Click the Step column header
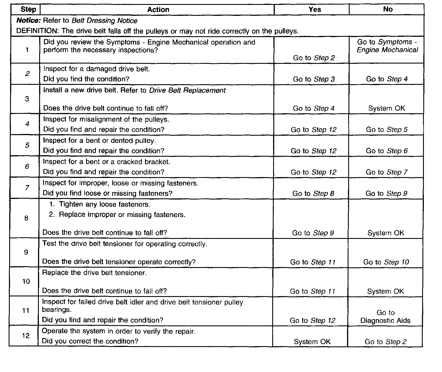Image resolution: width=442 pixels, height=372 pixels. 28,9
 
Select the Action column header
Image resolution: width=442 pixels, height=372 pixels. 158,9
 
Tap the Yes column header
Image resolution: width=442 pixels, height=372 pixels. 315,9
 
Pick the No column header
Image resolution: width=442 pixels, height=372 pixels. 388,9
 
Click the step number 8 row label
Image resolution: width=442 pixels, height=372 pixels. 26,218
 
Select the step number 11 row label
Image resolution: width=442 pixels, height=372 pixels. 26,310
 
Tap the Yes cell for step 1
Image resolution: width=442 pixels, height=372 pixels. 314,58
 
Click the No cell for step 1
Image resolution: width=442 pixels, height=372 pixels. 387,46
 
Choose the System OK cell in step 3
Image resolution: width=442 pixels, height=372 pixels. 386,108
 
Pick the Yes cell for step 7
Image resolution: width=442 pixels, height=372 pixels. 313,193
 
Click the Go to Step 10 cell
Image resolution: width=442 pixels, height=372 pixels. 386,262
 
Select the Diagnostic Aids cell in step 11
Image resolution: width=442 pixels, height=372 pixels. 385,317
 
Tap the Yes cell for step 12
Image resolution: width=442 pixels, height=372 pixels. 312,342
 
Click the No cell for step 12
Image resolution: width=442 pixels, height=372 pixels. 386,342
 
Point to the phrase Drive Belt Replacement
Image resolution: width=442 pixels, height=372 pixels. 187,90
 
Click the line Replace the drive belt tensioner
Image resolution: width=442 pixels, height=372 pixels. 94,273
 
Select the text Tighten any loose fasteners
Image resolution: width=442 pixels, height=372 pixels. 104,204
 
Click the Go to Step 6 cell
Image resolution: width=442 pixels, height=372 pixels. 387,151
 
